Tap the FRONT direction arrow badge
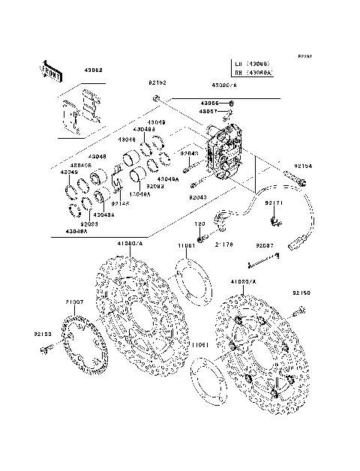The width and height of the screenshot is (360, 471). tap(51, 70)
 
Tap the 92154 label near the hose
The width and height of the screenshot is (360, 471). tap(303, 165)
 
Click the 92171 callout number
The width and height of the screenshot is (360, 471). tap(274, 202)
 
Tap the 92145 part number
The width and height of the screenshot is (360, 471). tap(120, 202)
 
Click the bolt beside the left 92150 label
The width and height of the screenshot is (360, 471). tap(49, 346)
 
